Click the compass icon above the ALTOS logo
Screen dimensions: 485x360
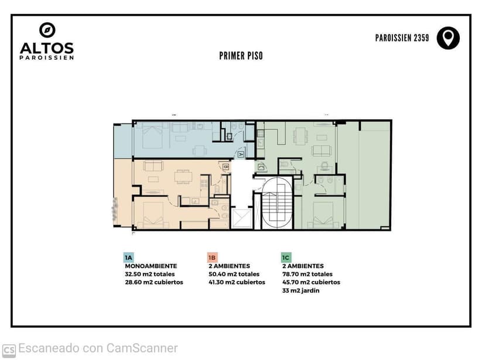pos(47,30)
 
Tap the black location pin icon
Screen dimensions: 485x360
pos(448,38)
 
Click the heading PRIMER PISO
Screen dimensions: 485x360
pos(241,56)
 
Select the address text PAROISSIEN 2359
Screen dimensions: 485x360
pos(402,38)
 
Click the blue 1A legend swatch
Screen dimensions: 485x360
pos(128,258)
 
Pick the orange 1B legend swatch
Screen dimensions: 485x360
pos(212,258)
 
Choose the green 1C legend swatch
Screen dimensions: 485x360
pos(286,258)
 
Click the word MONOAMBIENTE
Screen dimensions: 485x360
pos(151,266)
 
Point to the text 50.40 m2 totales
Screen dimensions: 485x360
pos(234,274)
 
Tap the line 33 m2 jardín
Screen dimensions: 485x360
pos(300,290)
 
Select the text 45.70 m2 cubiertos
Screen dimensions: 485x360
pos(311,282)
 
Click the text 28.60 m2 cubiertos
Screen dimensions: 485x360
pos(154,282)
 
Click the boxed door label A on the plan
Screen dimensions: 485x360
pos(241,154)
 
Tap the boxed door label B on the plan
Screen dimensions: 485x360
pos(226,167)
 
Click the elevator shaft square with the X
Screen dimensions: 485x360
pos(242,219)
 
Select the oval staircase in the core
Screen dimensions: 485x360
pos(277,203)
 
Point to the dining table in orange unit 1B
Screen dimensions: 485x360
pos(183,176)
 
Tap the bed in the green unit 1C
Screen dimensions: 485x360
pos(323,215)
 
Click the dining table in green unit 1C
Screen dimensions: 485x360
pos(300,136)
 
